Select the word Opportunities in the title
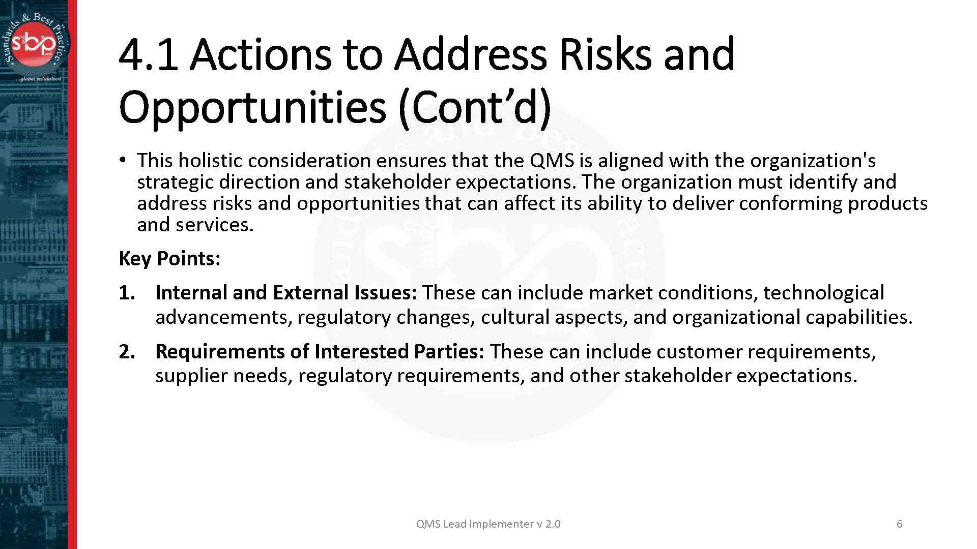point(252,107)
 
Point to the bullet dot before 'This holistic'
point(123,160)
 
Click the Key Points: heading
point(169,258)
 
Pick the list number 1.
point(127,293)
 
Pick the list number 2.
point(127,352)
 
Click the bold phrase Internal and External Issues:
point(286,293)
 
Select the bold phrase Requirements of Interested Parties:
point(320,352)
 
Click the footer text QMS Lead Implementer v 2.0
point(488,524)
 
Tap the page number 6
point(899,524)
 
